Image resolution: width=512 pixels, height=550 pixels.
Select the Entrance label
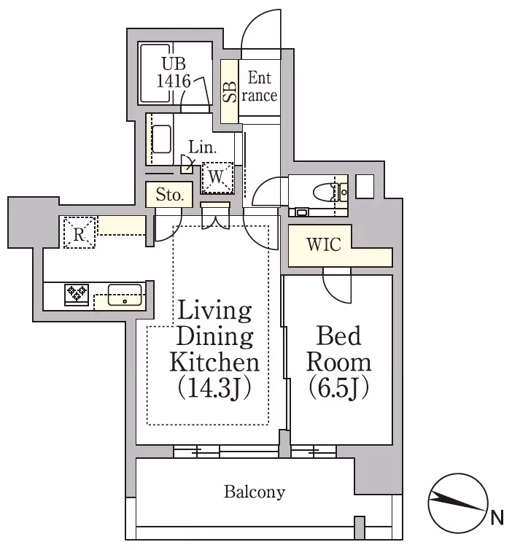pos(260,86)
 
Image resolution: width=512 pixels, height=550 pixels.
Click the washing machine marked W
pos(217,176)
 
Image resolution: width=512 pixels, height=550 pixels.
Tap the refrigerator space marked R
pos(79,233)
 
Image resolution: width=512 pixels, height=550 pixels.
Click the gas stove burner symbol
pos(77,294)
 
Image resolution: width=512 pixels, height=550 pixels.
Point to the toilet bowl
pos(325,193)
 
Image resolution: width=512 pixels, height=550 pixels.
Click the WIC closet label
pos(323,244)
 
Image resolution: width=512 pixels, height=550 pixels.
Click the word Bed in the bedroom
pos(338,336)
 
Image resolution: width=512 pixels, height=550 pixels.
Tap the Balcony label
pos(254,492)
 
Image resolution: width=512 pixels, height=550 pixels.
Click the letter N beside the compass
pos(497,518)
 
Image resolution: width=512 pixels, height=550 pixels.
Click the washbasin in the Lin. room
pos(161,139)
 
